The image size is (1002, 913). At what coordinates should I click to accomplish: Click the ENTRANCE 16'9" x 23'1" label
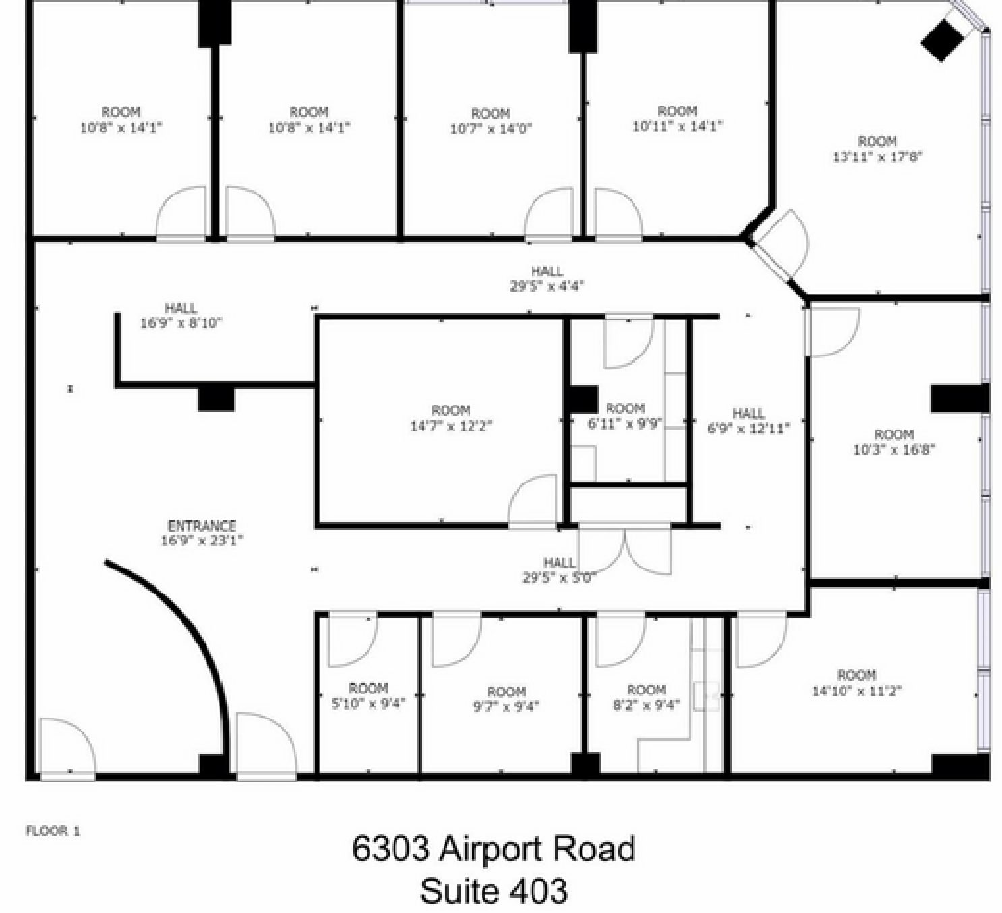click(x=202, y=532)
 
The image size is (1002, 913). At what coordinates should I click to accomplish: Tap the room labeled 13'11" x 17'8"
click(x=877, y=149)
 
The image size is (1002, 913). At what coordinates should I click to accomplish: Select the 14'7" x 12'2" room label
click(x=450, y=418)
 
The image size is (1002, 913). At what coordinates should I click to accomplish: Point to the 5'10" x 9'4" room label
click(x=368, y=696)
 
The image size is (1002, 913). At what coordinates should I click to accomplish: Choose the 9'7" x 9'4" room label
click(x=506, y=699)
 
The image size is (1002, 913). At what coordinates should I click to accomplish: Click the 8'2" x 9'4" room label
click(x=646, y=697)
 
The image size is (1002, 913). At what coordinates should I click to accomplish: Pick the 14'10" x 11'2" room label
click(x=856, y=683)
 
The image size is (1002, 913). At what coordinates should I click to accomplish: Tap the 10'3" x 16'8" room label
click(x=893, y=442)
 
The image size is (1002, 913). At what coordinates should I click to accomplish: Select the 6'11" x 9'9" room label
click(x=625, y=416)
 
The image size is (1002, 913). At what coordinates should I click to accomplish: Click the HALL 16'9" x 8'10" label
click(x=181, y=315)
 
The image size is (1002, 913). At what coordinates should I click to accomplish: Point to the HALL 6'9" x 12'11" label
click(x=748, y=420)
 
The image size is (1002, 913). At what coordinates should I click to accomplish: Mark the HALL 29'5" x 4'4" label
click(x=547, y=278)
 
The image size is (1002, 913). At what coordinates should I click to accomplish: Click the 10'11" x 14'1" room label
click(x=677, y=118)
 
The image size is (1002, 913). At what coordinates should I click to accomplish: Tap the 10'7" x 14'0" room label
click(x=491, y=121)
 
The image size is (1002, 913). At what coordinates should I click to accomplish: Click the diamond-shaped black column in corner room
click(x=941, y=40)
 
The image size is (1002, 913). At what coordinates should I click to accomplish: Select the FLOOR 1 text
click(x=53, y=831)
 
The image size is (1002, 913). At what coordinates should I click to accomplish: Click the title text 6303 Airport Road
click(x=493, y=849)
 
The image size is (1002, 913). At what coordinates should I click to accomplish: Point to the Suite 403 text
click(x=493, y=890)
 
